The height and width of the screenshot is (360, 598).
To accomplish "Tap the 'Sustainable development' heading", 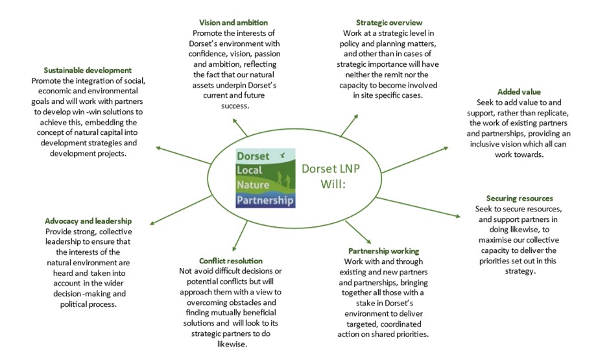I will (88, 69).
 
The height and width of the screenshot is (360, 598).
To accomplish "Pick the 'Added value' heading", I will (518, 91).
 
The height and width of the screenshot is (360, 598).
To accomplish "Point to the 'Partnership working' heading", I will (384, 250).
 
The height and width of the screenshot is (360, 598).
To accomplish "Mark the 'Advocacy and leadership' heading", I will (88, 221).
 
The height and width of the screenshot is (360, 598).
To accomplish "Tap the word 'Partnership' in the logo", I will (265, 199).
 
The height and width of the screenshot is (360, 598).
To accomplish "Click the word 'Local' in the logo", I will (249, 171).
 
